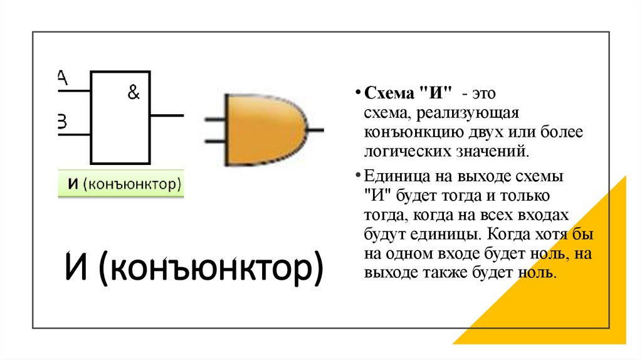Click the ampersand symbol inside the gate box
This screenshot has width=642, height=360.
point(134,93)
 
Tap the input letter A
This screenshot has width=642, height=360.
point(61,77)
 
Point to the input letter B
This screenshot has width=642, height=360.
point(61,121)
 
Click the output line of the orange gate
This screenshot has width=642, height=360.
point(316,129)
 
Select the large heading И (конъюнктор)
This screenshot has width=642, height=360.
point(194,268)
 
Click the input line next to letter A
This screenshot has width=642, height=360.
point(74,92)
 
